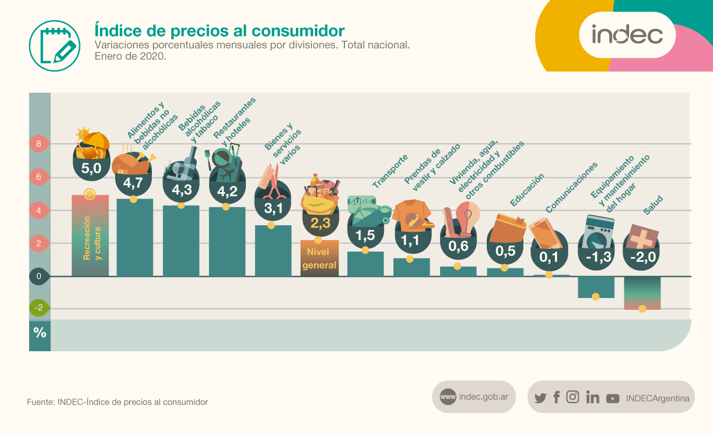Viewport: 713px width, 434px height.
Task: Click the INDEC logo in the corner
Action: click(x=627, y=34)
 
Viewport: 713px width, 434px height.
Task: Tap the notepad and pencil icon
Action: click(x=54, y=44)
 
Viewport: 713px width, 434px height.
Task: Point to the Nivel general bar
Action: click(x=319, y=258)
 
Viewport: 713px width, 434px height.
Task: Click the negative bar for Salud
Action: click(x=642, y=293)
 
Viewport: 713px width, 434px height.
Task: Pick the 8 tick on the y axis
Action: click(x=39, y=144)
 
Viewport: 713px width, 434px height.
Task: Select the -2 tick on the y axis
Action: click(x=39, y=307)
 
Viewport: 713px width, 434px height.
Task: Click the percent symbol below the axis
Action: click(x=40, y=333)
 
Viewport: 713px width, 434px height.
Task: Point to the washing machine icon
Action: click(x=597, y=231)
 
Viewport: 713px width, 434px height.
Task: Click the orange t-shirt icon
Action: click(x=411, y=213)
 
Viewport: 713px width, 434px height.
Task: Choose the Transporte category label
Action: click(x=390, y=171)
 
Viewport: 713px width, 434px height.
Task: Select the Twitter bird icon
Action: click(x=540, y=398)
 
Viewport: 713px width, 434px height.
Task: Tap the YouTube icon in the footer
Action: click(x=613, y=399)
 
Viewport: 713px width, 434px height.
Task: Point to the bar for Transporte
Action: click(x=365, y=264)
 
